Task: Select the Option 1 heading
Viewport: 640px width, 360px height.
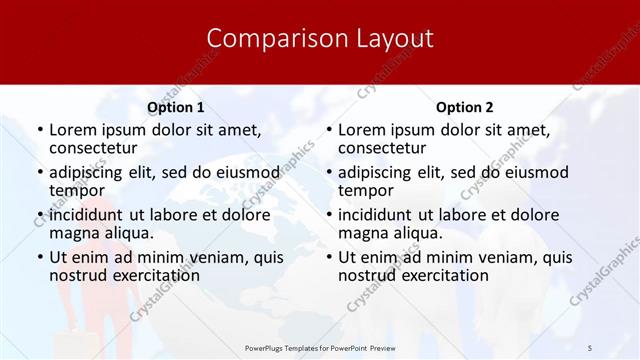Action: [x=175, y=107]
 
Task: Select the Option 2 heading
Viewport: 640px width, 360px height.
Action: [x=464, y=107]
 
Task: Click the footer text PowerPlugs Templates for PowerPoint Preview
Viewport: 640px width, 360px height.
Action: [x=320, y=346]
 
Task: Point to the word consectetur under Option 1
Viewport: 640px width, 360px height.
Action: [x=96, y=148]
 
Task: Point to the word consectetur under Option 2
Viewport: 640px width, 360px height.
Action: [x=385, y=148]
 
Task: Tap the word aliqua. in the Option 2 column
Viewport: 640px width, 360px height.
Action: [x=419, y=233]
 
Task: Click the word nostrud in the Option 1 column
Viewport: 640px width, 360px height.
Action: [x=79, y=275]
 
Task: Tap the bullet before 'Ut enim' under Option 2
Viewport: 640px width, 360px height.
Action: [x=329, y=258]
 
